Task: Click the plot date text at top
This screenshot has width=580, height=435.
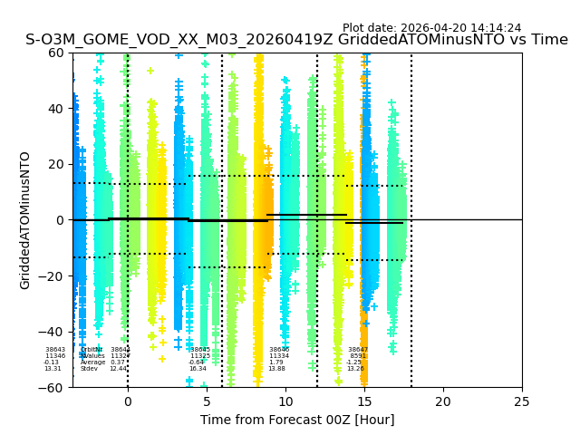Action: [x=431, y=28]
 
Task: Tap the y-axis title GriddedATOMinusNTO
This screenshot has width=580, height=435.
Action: [x=25, y=220]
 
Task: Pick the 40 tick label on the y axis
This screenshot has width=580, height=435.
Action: [x=55, y=109]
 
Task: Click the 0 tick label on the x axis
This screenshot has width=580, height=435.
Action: [x=128, y=401]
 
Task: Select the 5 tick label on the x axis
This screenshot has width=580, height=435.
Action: [x=207, y=401]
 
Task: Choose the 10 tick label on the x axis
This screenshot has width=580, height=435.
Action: [x=285, y=401]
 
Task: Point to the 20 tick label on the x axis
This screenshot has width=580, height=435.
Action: [x=443, y=401]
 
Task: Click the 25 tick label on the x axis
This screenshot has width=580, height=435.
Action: [x=522, y=401]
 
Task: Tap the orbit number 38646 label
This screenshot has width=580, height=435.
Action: [x=279, y=350]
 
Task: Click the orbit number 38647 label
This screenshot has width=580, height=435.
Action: [x=358, y=350]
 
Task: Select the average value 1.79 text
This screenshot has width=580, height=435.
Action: [x=276, y=362]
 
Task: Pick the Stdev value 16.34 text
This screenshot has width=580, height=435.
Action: [x=198, y=369]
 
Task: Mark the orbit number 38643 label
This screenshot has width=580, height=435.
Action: [x=55, y=350]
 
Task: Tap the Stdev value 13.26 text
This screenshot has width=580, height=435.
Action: [x=355, y=369]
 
